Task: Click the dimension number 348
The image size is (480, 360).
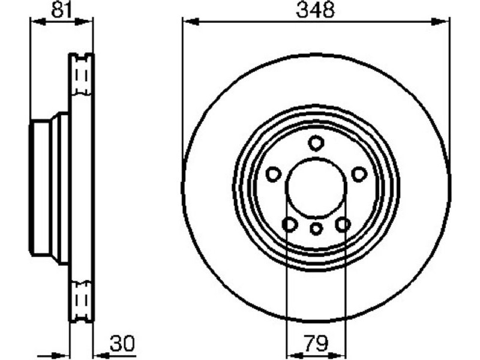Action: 316,10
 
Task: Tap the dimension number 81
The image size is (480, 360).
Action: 61,9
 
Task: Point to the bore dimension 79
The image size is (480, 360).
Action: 316,343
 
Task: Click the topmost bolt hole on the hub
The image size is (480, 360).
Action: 316,143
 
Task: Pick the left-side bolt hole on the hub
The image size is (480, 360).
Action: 274,174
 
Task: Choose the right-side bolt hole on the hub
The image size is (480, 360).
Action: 359,174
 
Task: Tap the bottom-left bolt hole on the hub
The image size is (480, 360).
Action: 290,225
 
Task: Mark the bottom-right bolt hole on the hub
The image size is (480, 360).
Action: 343,225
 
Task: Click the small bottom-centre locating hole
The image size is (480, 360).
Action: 316,229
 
